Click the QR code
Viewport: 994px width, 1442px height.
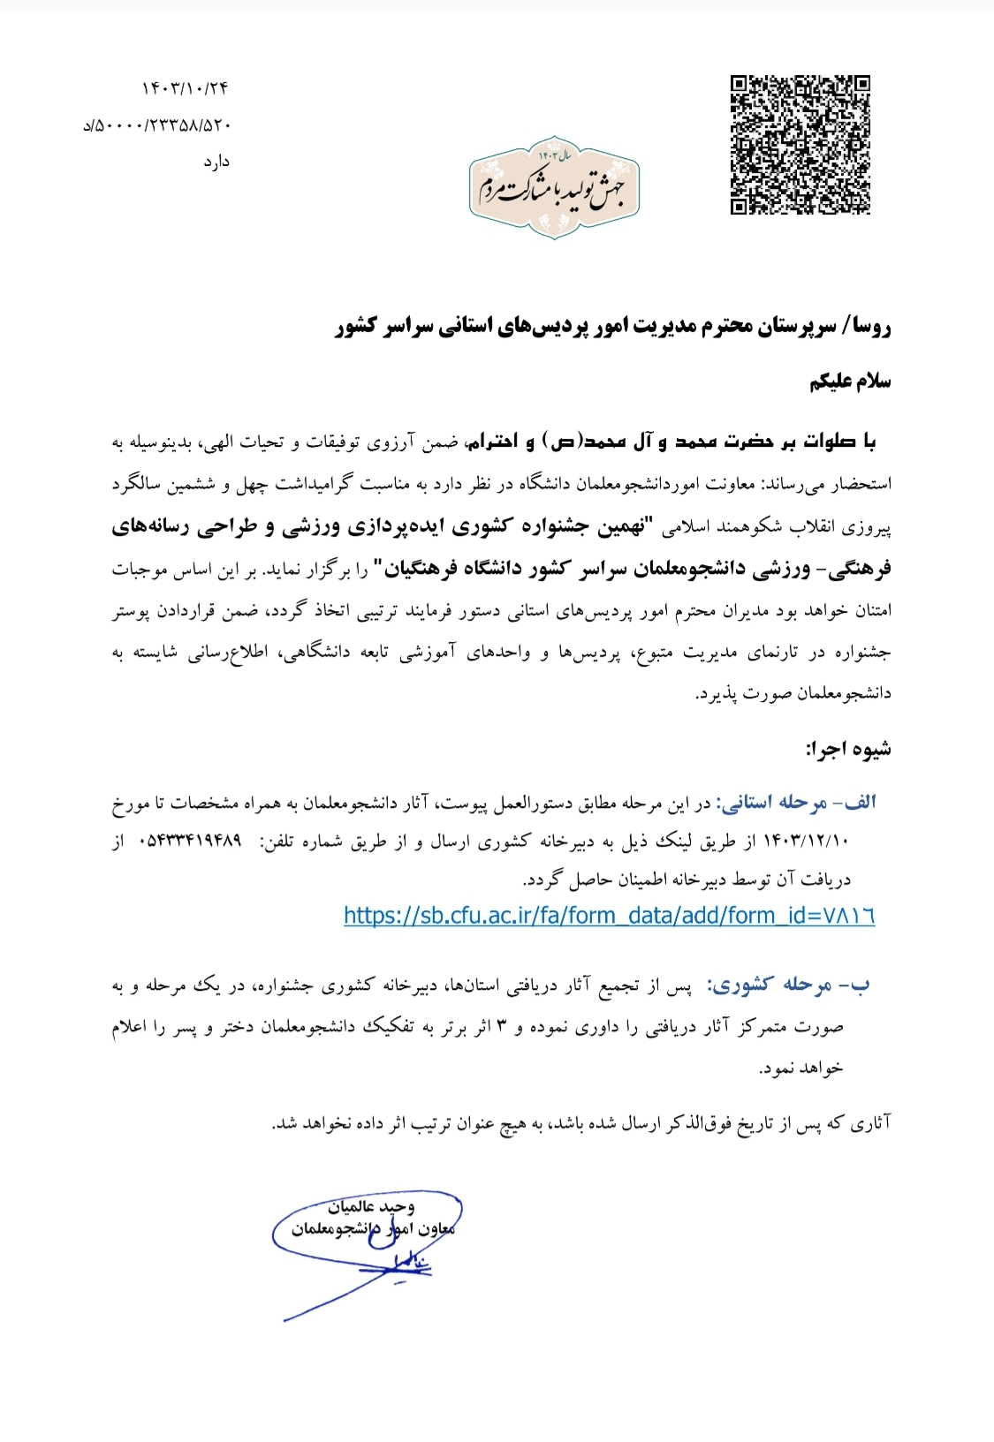click(800, 145)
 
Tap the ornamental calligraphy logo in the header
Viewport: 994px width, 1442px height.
click(554, 188)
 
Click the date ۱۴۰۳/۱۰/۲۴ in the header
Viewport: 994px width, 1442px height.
click(185, 88)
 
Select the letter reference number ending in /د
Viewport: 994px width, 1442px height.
click(157, 125)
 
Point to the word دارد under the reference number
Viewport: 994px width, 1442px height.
click(216, 162)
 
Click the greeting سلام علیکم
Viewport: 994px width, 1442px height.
click(850, 381)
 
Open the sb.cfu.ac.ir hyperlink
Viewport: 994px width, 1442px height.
click(609, 915)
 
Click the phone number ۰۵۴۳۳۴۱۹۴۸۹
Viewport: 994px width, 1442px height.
click(190, 842)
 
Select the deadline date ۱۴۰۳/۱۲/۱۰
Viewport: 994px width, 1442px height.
click(804, 842)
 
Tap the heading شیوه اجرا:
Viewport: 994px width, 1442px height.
click(847, 750)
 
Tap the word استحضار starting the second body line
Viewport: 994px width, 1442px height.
click(861, 484)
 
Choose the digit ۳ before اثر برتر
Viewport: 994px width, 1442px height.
click(503, 1026)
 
